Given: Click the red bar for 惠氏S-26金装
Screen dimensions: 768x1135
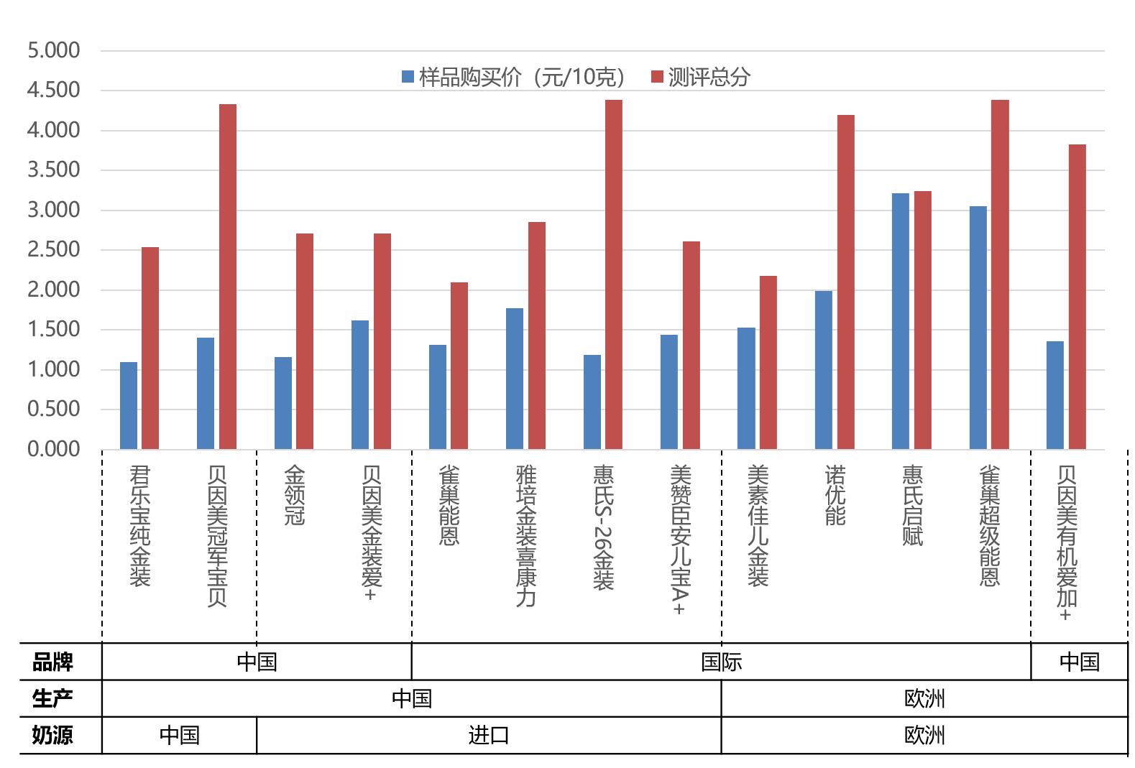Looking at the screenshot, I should pyautogui.click(x=613, y=274).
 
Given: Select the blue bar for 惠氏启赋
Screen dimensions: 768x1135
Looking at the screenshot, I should pyautogui.click(x=900, y=321).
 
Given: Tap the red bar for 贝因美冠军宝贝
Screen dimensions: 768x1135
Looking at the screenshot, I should pyautogui.click(x=227, y=277).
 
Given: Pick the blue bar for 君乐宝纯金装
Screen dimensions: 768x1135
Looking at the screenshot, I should pyautogui.click(x=129, y=405).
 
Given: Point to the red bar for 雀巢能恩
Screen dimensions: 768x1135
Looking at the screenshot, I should pyautogui.click(x=459, y=366).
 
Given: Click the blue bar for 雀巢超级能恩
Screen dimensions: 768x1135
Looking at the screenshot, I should pyautogui.click(x=978, y=328).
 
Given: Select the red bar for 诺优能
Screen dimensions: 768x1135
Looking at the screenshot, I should pyautogui.click(x=845, y=282).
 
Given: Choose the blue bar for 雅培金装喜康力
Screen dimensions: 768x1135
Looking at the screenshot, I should pyautogui.click(x=515, y=379).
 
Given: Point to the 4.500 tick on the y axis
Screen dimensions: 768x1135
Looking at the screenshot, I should pyautogui.click(x=53, y=91).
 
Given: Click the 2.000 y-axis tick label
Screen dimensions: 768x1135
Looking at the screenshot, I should pyautogui.click(x=53, y=290).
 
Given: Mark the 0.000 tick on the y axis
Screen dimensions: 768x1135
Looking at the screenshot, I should pyautogui.click(x=53, y=449).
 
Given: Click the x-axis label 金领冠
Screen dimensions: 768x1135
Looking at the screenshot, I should pyautogui.click(x=295, y=496).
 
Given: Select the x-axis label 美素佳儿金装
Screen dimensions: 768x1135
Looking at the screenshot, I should pyautogui.click(x=758, y=525).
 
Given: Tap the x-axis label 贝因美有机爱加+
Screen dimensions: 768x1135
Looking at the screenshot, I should pyautogui.click(x=1067, y=542).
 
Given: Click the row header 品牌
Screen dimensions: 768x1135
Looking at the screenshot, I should pyautogui.click(x=52, y=662).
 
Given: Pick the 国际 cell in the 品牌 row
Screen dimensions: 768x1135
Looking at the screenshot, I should pyautogui.click(x=721, y=662).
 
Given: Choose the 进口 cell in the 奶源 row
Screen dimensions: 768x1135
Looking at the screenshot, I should pyautogui.click(x=489, y=736).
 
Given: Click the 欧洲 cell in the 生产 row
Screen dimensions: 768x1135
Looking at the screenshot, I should pyautogui.click(x=924, y=698).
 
